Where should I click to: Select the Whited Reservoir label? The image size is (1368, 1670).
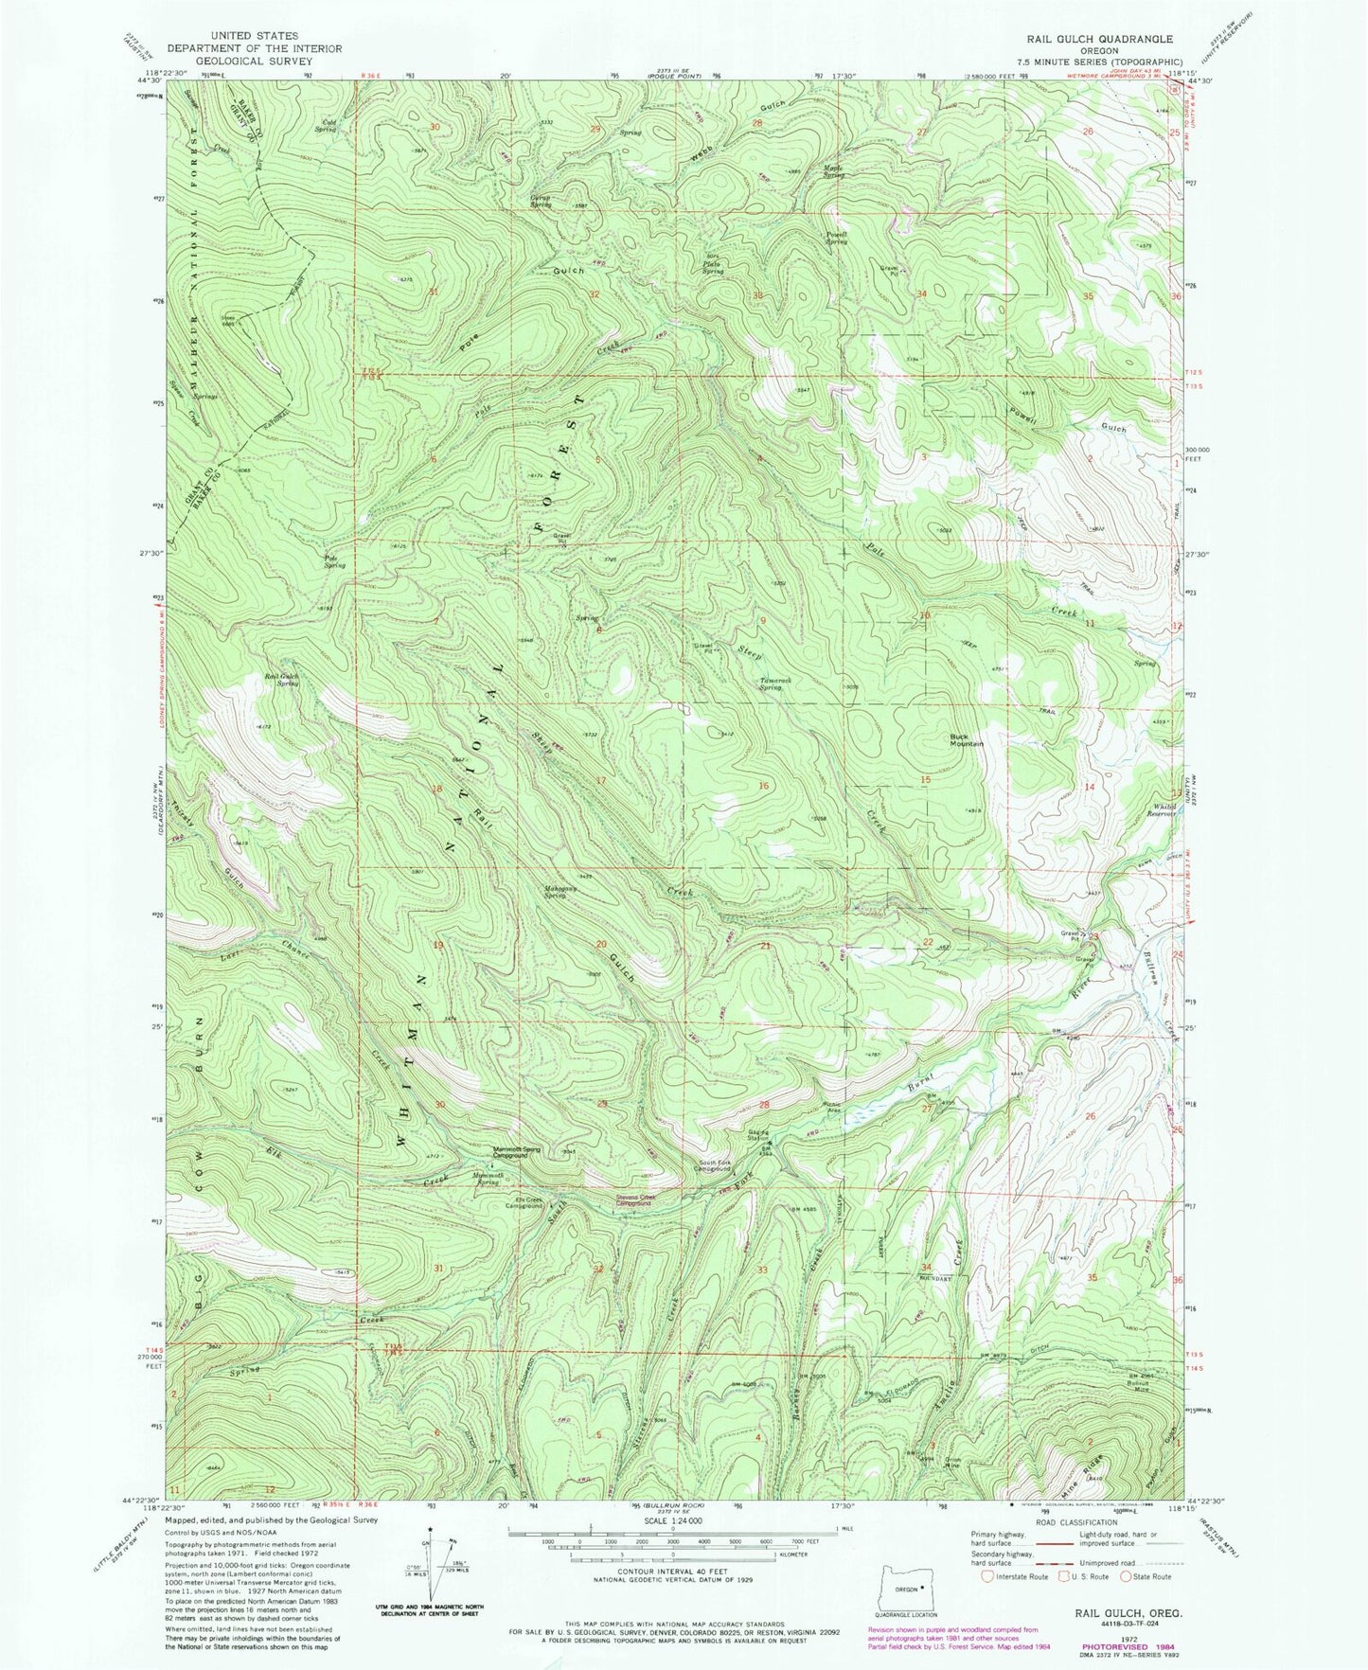pos(1161,808)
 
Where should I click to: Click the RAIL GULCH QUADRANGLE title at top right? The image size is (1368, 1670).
pos(1091,39)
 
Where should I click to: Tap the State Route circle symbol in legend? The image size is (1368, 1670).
pos(1127,1577)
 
